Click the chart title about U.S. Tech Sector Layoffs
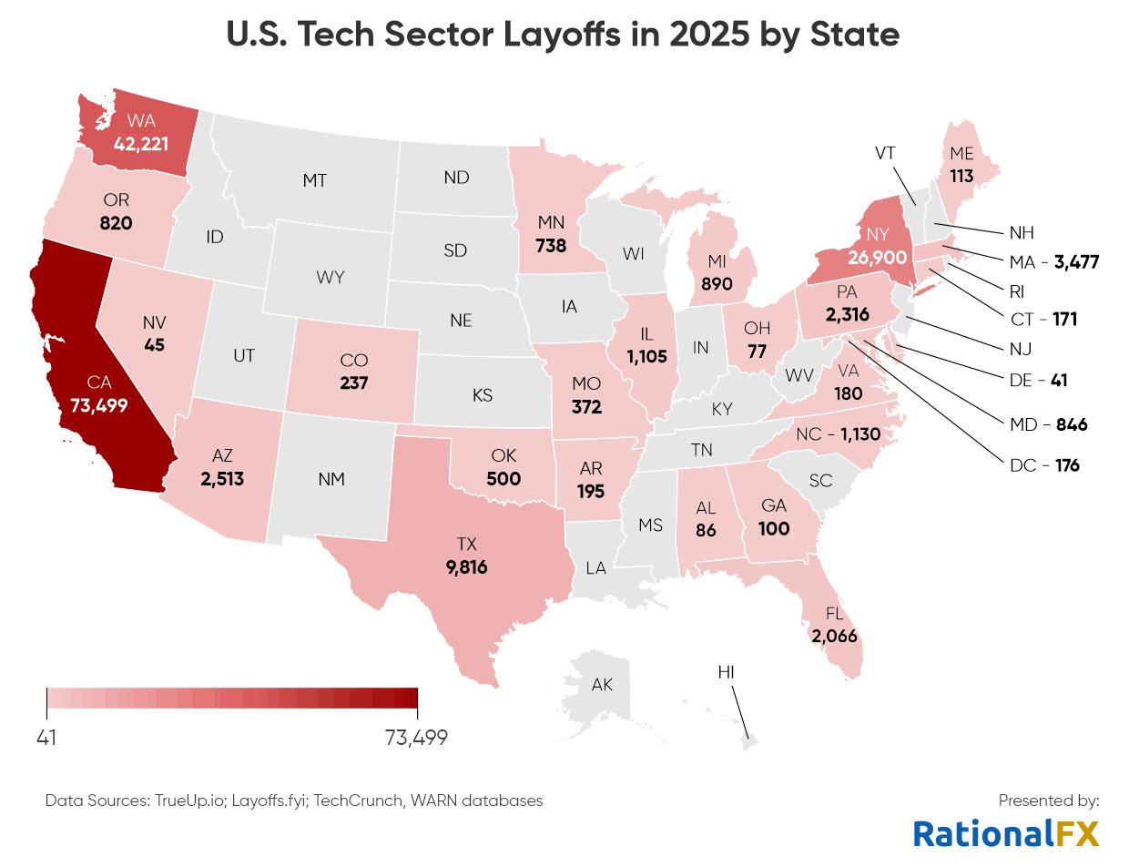[x=564, y=35]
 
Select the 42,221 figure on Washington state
[x=140, y=142]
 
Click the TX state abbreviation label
[x=467, y=545]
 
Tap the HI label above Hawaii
[x=726, y=672]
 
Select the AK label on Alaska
[x=602, y=685]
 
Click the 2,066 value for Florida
[x=834, y=636]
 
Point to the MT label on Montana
[x=314, y=180]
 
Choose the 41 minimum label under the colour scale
[x=46, y=738]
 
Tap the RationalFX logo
[x=1005, y=832]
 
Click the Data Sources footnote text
[x=293, y=801]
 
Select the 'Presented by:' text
[x=1049, y=801]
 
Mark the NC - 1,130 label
[x=838, y=434]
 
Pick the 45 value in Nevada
[x=153, y=345]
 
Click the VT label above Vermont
[x=886, y=153]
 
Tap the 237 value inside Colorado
[x=353, y=382]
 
